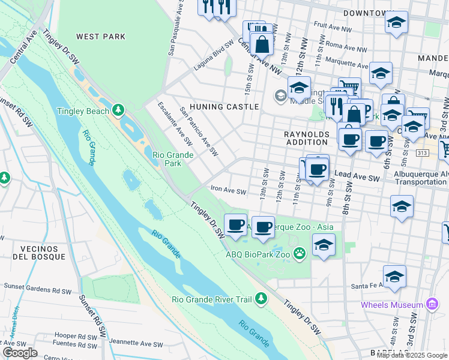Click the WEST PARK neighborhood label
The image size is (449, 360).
pyautogui.click(x=101, y=37)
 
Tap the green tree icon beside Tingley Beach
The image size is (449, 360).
pyautogui.click(x=119, y=110)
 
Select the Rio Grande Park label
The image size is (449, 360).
pyautogui.click(x=173, y=159)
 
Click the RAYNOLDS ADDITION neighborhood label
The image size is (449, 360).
pyautogui.click(x=307, y=135)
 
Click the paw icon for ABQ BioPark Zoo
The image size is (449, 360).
pyautogui.click(x=300, y=254)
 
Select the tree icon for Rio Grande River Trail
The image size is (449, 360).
pyautogui.click(x=261, y=298)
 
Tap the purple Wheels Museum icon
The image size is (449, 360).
pyautogui.click(x=430, y=305)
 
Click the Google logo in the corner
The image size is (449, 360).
pyautogui.click(x=20, y=353)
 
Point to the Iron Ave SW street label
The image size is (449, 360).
pyautogui.click(x=228, y=191)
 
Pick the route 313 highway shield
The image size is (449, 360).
pyautogui.click(x=421, y=154)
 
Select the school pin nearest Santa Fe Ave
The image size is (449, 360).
pyautogui.click(x=394, y=277)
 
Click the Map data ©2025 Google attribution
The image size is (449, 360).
pyautogui.click(x=412, y=355)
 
